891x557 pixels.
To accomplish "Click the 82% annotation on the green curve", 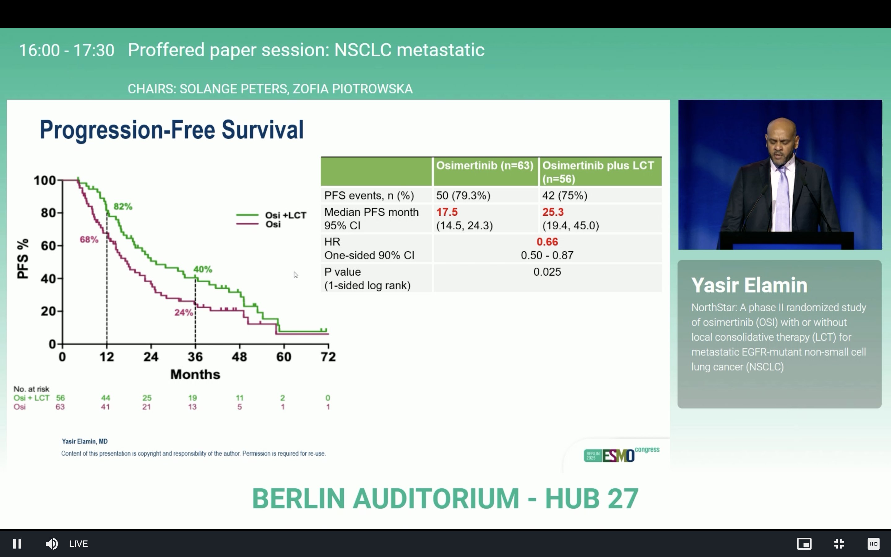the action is coord(123,207).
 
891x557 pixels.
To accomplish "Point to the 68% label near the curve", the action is coord(89,240).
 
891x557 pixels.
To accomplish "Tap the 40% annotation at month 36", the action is coord(203,269).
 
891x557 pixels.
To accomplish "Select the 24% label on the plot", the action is coord(183,313).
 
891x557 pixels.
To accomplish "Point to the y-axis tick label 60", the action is coord(48,246).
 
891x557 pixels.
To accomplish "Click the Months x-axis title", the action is coord(195,375).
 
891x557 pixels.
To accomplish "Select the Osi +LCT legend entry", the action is coord(271,215).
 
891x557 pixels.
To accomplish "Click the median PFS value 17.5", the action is coord(447,212).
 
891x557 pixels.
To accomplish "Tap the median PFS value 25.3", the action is coord(553,212).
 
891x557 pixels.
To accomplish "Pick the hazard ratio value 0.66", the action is coord(547,242).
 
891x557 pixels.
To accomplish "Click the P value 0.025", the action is coord(547,272).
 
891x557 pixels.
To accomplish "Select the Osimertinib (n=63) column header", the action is coord(485,166).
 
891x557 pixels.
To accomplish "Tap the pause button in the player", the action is coord(17,544).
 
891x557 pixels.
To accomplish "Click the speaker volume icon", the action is coord(52,544).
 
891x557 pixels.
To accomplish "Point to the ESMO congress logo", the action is coord(622,455).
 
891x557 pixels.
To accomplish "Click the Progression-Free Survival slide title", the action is coord(172,130).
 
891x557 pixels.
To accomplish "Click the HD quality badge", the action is coord(873,544).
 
